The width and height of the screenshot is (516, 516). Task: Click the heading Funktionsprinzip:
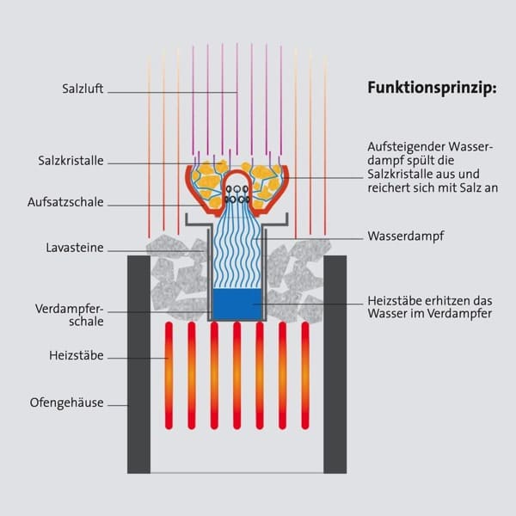click(x=432, y=88)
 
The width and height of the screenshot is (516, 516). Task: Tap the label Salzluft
click(x=83, y=89)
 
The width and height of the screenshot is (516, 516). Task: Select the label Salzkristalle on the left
click(x=71, y=160)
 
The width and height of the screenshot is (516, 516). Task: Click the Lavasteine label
click(x=75, y=248)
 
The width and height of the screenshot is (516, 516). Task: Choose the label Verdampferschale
click(x=70, y=315)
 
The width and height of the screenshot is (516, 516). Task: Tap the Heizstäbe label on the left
click(x=77, y=354)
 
